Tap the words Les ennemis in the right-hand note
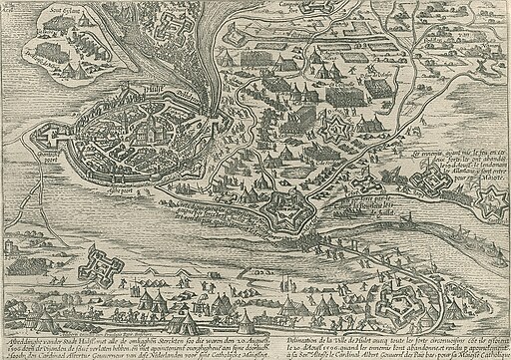tap(428, 154)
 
